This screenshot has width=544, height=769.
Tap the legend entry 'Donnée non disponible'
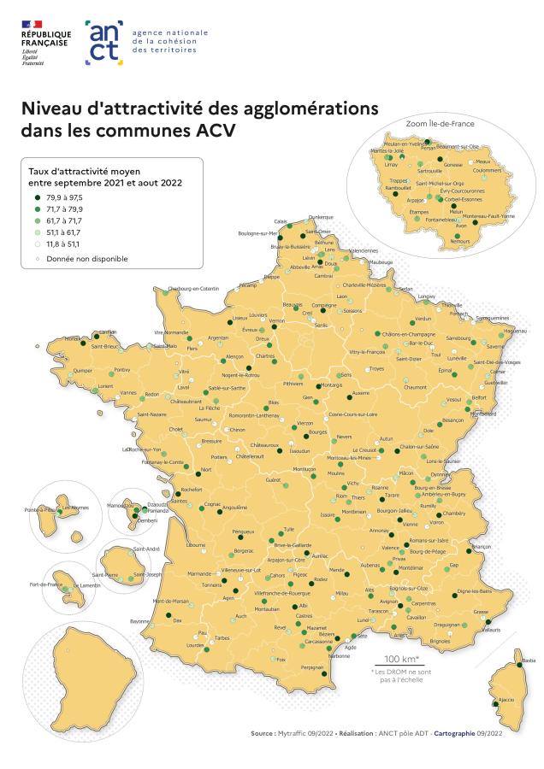[x=81, y=256]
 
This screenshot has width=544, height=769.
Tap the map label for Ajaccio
[x=506, y=700]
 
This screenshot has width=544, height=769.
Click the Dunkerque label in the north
[x=320, y=217]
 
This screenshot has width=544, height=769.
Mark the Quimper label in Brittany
[x=83, y=372]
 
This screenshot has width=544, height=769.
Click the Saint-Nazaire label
[x=153, y=416]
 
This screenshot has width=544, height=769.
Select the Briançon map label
[x=482, y=546]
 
